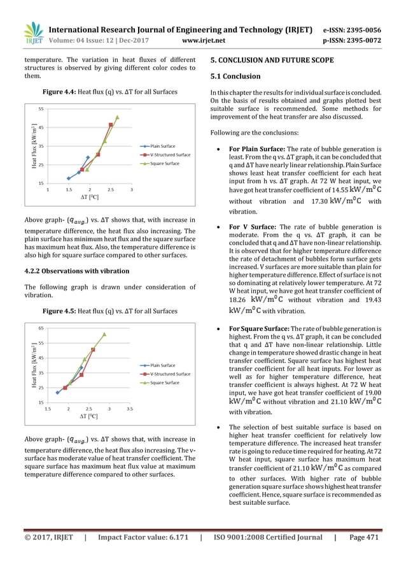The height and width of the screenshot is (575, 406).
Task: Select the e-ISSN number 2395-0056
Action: pyautogui.click(x=358, y=29)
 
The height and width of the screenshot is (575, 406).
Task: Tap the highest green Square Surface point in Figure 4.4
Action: pyautogui.click(x=117, y=117)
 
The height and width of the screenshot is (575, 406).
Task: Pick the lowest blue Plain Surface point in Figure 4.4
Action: pyautogui.click(x=68, y=178)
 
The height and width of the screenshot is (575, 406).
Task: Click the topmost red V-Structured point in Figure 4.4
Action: pyautogui.click(x=111, y=124)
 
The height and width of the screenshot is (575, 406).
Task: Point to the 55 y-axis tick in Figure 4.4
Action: pyautogui.click(x=41, y=110)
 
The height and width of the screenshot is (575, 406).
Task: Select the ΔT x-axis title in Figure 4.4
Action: pyautogui.click(x=89, y=198)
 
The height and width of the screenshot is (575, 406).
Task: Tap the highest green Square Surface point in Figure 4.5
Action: pyautogui.click(x=104, y=333)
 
